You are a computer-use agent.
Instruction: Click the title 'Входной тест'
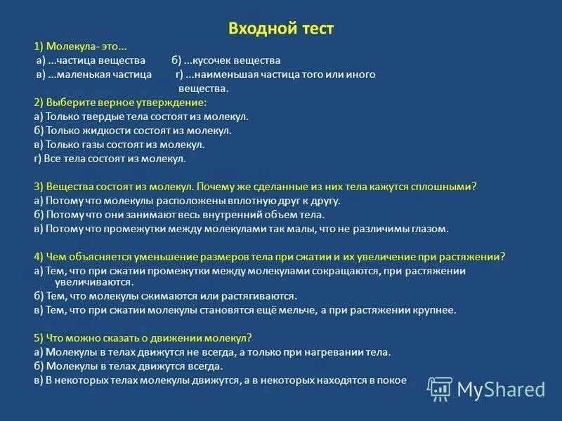click(281, 28)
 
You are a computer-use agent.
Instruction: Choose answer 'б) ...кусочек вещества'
click(226, 60)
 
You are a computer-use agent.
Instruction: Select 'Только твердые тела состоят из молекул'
click(141, 116)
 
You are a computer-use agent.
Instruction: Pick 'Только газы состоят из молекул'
click(119, 145)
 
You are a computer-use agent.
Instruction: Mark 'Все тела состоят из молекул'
click(110, 159)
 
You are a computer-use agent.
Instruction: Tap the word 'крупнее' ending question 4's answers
click(435, 309)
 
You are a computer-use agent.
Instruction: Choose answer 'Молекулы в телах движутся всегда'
click(128, 366)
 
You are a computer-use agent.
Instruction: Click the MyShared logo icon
click(440, 388)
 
